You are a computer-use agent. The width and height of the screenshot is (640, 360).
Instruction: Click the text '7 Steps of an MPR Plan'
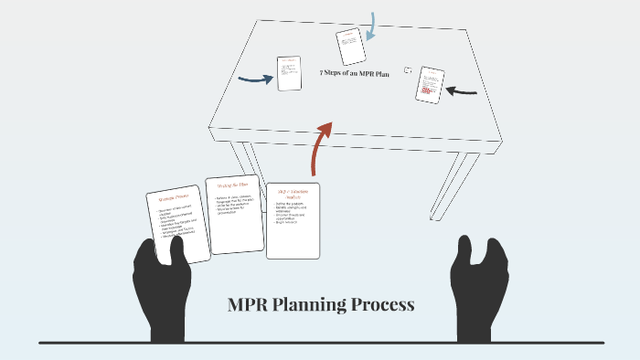click(x=355, y=73)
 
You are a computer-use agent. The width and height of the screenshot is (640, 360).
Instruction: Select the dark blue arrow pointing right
click(x=255, y=79)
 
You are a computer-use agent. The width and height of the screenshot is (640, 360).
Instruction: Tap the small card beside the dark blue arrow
click(x=289, y=73)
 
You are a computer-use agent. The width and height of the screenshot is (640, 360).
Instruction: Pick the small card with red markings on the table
click(x=430, y=84)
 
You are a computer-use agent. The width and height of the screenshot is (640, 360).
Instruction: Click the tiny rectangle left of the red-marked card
click(x=408, y=70)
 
